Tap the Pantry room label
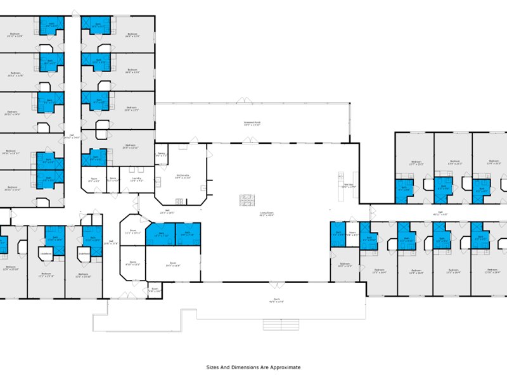162,154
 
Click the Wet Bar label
349,186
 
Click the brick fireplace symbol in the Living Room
246,200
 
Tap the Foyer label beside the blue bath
352,234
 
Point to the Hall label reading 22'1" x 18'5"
167,212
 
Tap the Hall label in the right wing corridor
440,213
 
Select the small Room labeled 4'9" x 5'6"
155,291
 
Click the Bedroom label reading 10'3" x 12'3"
344,265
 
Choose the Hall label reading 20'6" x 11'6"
110,242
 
